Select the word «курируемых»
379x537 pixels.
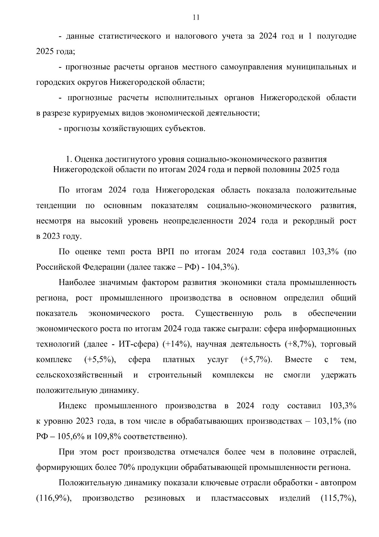93,113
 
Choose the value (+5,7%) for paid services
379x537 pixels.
257,359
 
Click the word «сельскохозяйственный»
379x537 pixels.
79,375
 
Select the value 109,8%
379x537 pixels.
107,437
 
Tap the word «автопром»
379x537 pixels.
338,483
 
